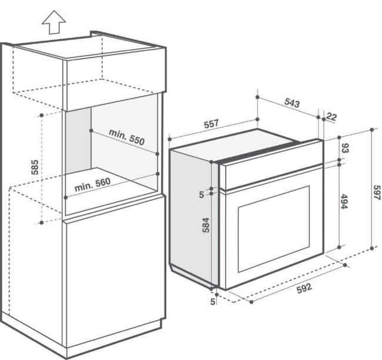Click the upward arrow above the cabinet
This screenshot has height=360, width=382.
point(54,22)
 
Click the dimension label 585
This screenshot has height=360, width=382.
point(35,167)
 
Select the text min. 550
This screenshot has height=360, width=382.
point(127,137)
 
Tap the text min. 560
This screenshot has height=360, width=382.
point(92,185)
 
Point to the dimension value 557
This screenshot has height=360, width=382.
point(211,124)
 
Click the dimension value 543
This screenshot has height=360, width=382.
point(292,103)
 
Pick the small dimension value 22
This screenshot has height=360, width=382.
point(331,117)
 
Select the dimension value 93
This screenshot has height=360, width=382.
point(345,148)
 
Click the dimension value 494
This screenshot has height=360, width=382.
point(344,201)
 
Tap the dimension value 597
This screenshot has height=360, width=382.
point(377,193)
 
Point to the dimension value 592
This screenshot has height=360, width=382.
point(304,288)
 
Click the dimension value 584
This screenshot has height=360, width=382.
point(206,225)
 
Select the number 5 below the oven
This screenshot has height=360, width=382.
point(213,302)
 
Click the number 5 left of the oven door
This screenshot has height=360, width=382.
point(202,195)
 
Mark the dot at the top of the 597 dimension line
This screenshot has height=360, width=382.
point(372,129)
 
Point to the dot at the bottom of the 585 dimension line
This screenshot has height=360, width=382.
point(42,222)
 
